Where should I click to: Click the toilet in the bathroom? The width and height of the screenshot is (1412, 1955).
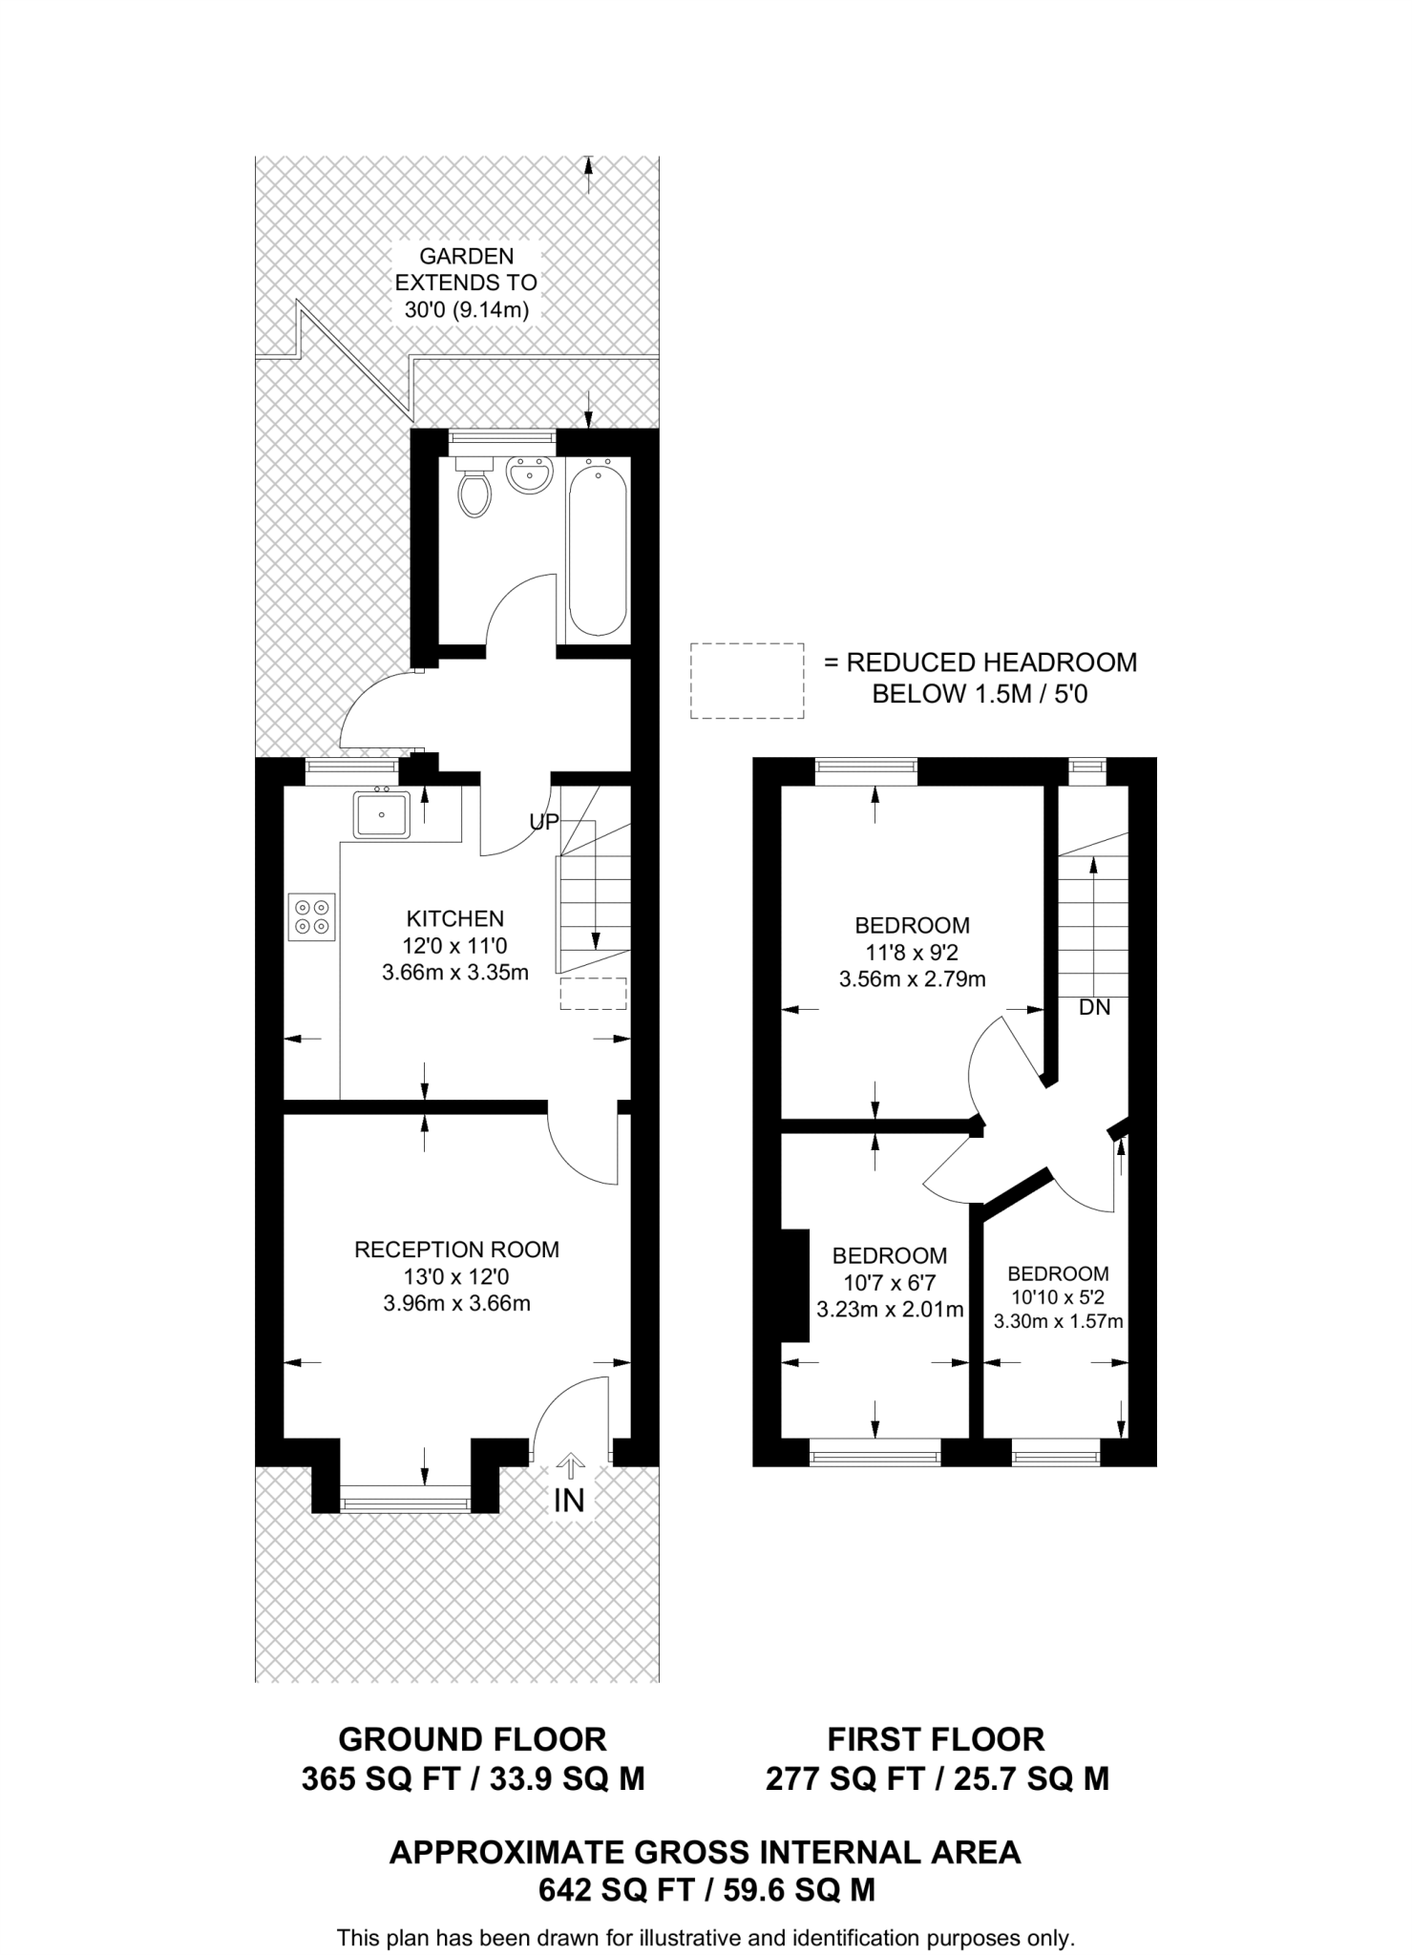(474, 489)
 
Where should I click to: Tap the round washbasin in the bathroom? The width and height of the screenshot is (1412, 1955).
(529, 475)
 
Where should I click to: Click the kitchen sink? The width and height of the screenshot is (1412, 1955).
(382, 814)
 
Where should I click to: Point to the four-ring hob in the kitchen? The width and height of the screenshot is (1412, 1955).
(312, 916)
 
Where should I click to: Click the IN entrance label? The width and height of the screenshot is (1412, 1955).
(569, 1500)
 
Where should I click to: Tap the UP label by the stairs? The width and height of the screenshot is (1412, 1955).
(543, 822)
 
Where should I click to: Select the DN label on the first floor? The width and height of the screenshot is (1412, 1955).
(1094, 1007)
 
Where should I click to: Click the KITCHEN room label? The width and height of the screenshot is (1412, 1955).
(455, 918)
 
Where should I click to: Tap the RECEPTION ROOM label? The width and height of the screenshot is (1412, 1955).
(456, 1250)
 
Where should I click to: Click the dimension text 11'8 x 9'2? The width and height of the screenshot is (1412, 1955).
(912, 952)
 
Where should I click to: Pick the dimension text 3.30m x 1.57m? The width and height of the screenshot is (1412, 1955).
(1058, 1322)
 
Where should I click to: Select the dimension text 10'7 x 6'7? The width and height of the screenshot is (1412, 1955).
(889, 1283)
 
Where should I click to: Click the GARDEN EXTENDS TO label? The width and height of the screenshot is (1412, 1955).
(466, 269)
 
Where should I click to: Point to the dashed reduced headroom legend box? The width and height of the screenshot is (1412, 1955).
(747, 681)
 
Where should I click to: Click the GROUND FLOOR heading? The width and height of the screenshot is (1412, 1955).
(472, 1739)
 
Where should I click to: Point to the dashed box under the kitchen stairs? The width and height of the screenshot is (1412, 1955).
(593, 994)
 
